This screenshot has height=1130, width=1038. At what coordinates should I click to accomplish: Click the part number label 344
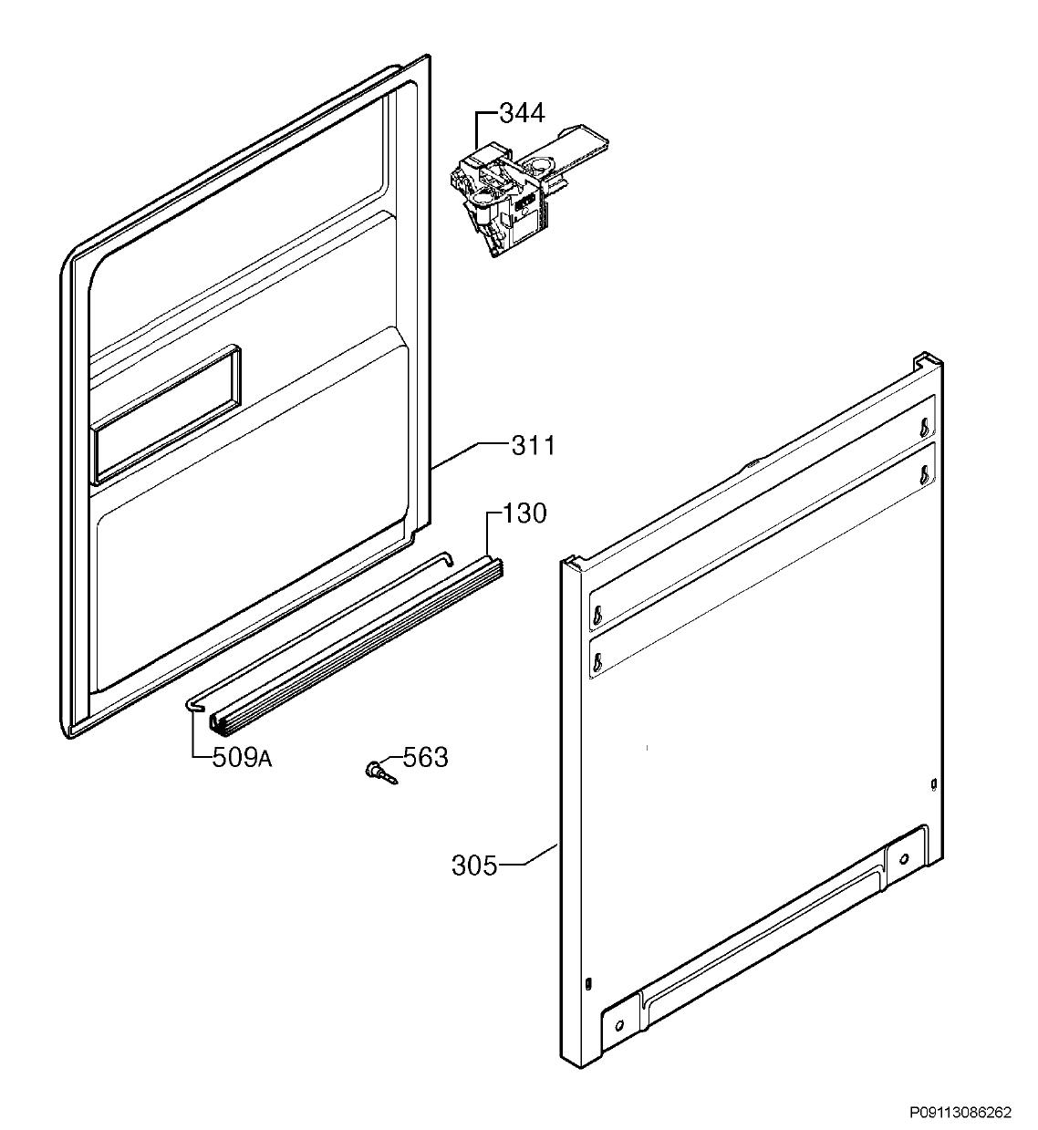click(x=523, y=114)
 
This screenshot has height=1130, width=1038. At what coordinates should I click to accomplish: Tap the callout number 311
click(x=533, y=446)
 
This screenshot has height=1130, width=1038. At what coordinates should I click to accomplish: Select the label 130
click(x=524, y=513)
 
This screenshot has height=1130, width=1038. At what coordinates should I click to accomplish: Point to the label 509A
click(x=242, y=759)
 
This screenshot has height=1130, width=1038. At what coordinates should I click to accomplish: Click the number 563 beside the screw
click(x=425, y=758)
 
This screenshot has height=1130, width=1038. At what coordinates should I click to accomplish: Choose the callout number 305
click(x=474, y=866)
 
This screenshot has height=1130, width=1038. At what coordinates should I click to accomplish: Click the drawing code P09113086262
click(x=960, y=1112)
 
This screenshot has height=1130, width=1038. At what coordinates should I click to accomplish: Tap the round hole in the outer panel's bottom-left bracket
click(x=619, y=1025)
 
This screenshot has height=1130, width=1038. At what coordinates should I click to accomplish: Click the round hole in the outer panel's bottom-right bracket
click(x=904, y=858)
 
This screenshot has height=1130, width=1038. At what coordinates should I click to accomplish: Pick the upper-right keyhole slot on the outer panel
click(x=925, y=427)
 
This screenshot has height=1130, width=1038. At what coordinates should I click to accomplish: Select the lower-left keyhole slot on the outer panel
click(x=597, y=658)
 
